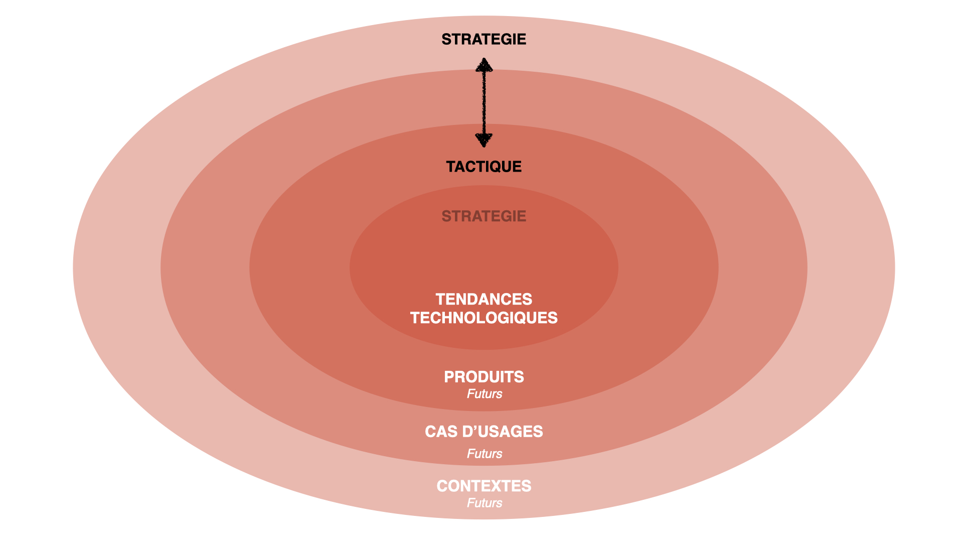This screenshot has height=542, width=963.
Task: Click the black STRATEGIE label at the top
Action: (484, 39)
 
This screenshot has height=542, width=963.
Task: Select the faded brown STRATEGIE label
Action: (484, 216)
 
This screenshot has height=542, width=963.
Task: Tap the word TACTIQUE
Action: (484, 167)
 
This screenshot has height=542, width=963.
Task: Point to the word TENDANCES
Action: (484, 299)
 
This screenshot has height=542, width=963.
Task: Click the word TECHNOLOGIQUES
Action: (484, 318)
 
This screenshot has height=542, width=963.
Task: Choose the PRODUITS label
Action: (484, 377)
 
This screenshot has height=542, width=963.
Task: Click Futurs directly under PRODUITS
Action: (484, 394)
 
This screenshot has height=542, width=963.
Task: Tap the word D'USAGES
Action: (503, 432)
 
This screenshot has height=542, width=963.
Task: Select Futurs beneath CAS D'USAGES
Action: (484, 454)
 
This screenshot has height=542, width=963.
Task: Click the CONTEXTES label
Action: (484, 486)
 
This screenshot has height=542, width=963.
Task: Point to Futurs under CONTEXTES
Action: (484, 503)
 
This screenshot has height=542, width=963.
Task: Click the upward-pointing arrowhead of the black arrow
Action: (484, 65)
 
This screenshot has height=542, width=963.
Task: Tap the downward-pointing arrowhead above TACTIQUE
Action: (484, 140)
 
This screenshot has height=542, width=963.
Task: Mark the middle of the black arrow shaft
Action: (484, 103)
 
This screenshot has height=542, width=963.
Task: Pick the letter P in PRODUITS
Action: (449, 377)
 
